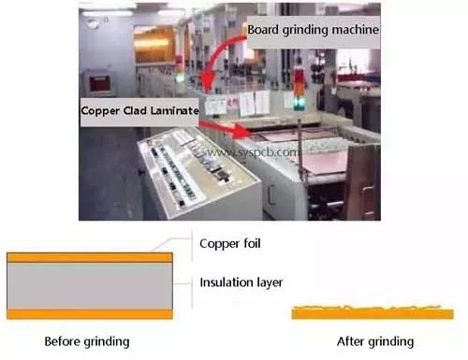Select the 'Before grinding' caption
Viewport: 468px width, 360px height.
pyautogui.click(x=87, y=340)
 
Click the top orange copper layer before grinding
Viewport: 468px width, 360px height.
pyautogui.click(x=89, y=256)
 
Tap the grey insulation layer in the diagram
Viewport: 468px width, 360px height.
pyautogui.click(x=89, y=285)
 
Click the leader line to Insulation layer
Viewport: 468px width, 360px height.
pyautogui.click(x=183, y=281)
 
